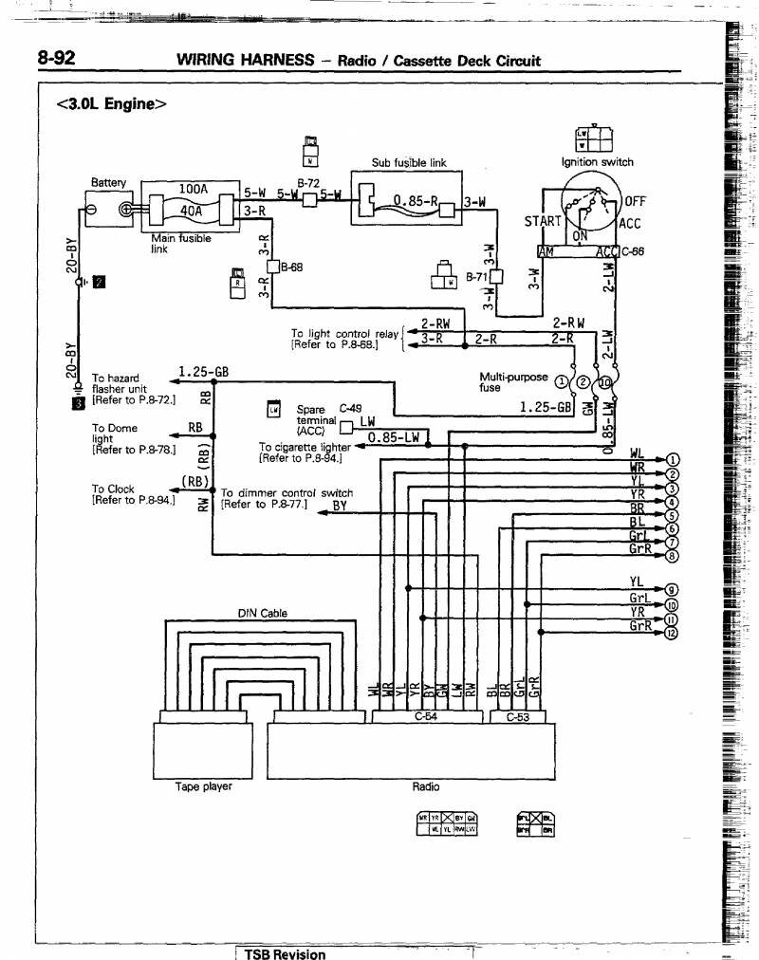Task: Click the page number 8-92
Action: click(56, 59)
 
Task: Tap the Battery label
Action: click(108, 182)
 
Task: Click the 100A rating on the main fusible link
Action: click(193, 189)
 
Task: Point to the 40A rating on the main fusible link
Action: click(193, 211)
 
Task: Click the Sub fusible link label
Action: click(408, 163)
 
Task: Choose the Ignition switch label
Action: click(597, 162)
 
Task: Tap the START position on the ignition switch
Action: click(543, 222)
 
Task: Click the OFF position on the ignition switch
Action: click(634, 202)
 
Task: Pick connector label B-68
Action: click(291, 268)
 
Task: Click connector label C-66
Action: click(633, 251)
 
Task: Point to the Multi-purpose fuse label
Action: click(513, 381)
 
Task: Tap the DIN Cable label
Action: click(262, 613)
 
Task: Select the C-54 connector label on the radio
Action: click(426, 717)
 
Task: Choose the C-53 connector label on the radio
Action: click(516, 717)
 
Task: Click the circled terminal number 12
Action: click(672, 635)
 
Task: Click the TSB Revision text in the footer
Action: click(285, 953)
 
